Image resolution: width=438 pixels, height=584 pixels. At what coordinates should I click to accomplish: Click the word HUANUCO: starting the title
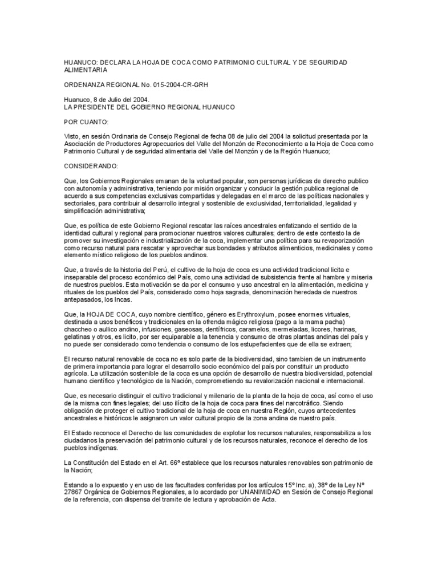79,62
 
